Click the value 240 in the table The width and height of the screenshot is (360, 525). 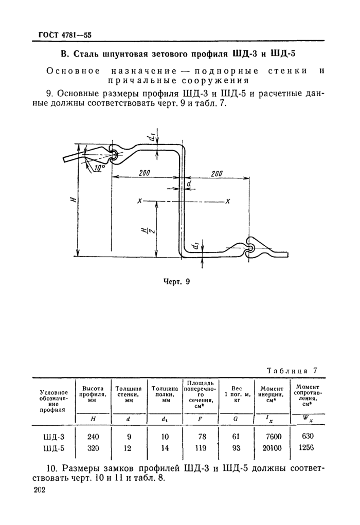pos(93,437)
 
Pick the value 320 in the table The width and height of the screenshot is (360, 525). pos(93,448)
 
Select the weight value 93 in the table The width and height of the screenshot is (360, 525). pos(236,448)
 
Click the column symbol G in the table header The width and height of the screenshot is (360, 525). pos(236,419)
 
